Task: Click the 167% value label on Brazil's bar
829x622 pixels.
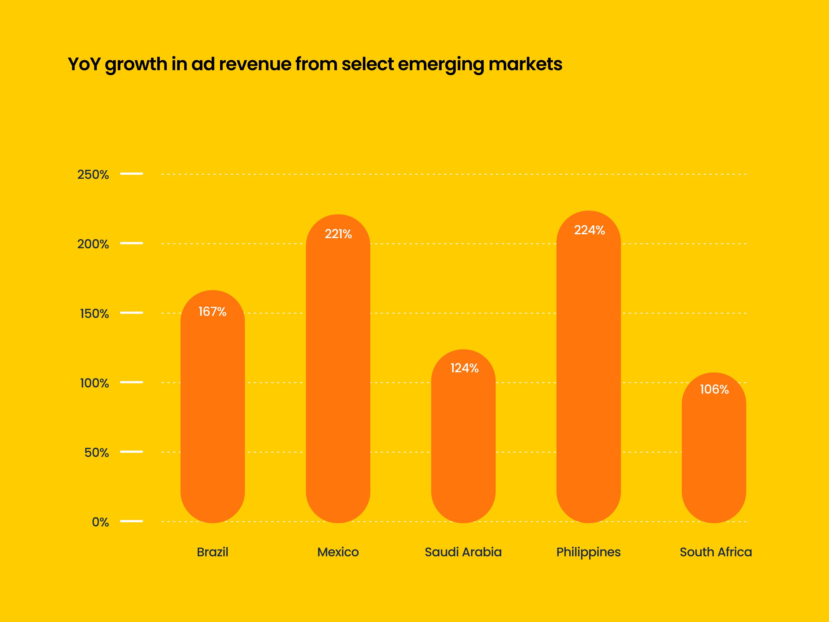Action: point(213,312)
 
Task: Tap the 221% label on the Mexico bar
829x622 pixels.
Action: point(338,234)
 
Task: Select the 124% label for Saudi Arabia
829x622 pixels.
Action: point(464,368)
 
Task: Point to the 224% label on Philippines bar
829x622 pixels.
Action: point(589,230)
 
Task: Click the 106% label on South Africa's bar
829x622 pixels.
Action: point(714,390)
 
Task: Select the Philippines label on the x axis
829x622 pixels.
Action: point(588,552)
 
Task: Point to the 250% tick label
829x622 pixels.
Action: point(93,175)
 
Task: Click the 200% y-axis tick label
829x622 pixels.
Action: point(93,244)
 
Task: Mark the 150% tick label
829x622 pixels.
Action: point(95,314)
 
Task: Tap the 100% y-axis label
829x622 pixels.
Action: point(95,383)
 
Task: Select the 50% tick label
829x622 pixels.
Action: point(97,453)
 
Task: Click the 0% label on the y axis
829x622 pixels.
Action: point(100,522)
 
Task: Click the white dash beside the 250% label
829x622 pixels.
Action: point(132,174)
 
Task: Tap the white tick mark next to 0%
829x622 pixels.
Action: point(132,521)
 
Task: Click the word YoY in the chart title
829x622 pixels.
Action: point(84,64)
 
